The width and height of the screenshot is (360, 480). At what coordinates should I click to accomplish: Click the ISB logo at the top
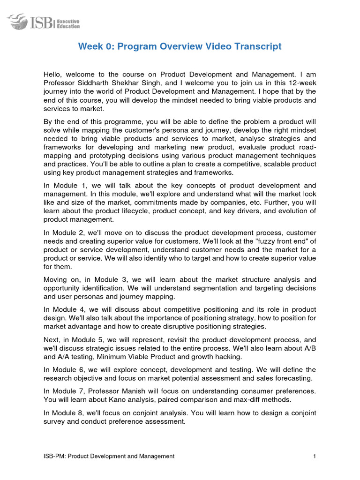tap(43, 21)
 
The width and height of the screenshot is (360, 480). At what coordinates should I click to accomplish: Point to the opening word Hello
tap(53, 74)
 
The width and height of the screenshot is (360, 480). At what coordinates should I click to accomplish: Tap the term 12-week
tap(302, 82)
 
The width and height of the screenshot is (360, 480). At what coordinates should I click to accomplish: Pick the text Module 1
tap(68, 186)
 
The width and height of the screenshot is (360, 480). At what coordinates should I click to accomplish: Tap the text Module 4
tap(68, 309)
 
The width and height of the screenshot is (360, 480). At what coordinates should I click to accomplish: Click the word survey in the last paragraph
tap(54, 421)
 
